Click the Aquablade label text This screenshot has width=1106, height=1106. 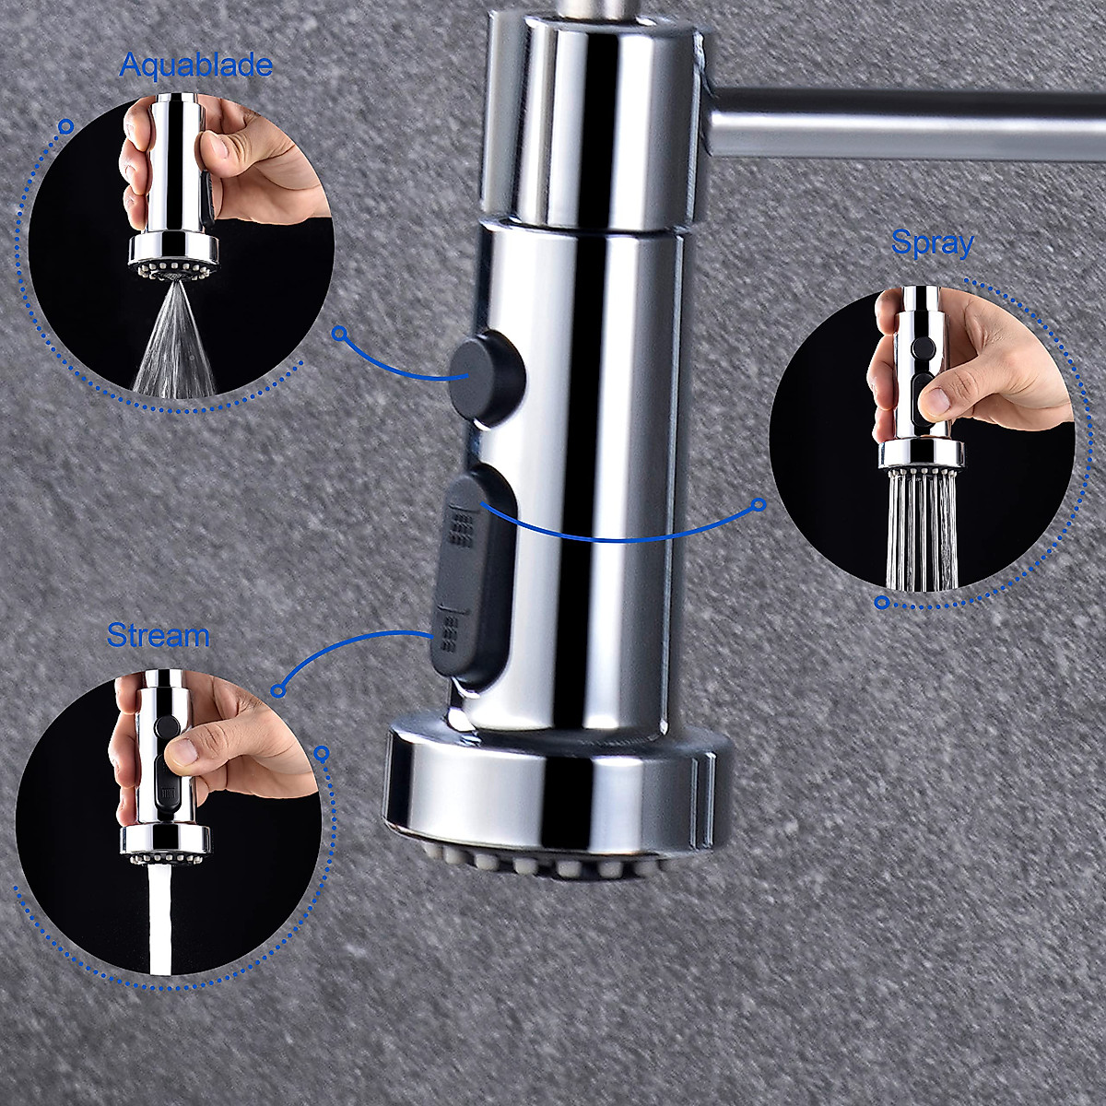pyautogui.click(x=195, y=65)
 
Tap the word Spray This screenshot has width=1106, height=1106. pyautogui.click(x=932, y=242)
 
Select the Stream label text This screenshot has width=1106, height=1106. pyautogui.click(x=158, y=635)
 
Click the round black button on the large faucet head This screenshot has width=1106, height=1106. pyautogui.click(x=486, y=380)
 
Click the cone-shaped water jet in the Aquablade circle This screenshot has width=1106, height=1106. pyautogui.click(x=176, y=341)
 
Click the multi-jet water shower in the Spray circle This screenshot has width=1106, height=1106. pyautogui.click(x=922, y=530)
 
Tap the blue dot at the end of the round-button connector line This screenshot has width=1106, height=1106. pyautogui.click(x=339, y=333)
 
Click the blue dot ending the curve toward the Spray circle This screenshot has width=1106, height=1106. pyautogui.click(x=759, y=504)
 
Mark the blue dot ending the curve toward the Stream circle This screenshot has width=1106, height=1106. pyautogui.click(x=277, y=690)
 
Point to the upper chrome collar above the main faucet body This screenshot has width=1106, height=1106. pyautogui.click(x=590, y=120)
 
